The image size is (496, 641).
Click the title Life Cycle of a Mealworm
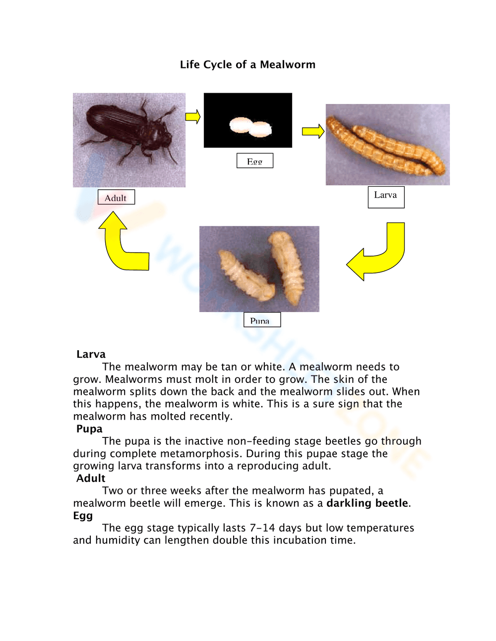(248, 64)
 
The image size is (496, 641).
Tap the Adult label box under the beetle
(116, 197)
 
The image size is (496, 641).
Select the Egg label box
(254, 161)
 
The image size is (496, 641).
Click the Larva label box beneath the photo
(386, 197)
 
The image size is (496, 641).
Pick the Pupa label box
(262, 320)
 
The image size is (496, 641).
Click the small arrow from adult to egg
(193, 117)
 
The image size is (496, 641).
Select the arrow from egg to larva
(313, 131)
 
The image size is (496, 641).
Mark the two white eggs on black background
(250, 127)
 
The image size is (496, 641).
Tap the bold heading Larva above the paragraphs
(91, 354)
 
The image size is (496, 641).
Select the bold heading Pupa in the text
(89, 428)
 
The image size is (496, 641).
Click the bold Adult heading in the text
(91, 478)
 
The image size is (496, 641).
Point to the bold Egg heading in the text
(83, 515)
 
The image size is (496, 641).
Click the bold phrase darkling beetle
(367, 503)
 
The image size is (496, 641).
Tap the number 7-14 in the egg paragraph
(262, 528)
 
